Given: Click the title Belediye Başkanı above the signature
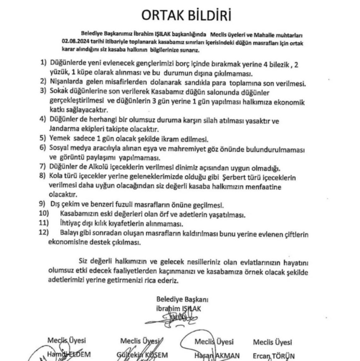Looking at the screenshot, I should click(x=177, y=298).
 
